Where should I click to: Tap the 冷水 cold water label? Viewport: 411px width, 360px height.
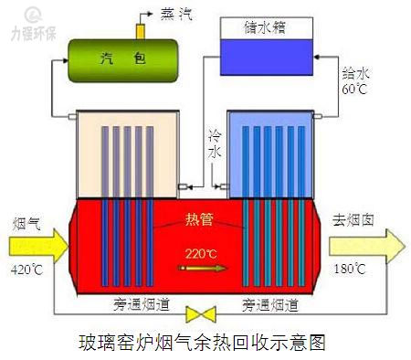pos(215,147)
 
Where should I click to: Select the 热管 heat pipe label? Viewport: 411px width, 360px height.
pos(205,219)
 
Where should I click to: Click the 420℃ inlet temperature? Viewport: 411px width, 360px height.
pos(27,270)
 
